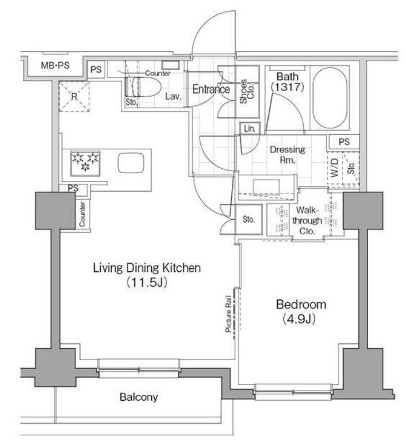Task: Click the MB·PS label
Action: click(55, 65)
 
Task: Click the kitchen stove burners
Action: click(85, 161)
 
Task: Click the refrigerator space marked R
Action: click(74, 96)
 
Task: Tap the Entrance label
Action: click(211, 89)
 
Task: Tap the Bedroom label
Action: click(300, 305)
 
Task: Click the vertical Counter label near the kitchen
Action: click(82, 214)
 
